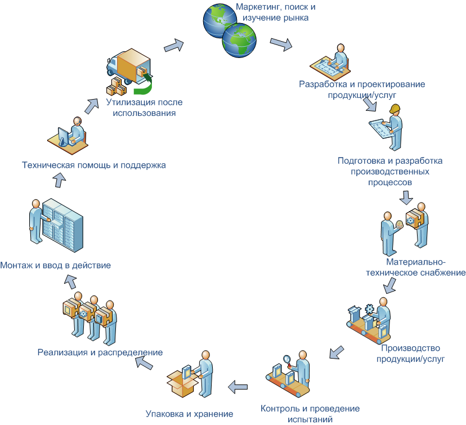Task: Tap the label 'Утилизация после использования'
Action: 144,108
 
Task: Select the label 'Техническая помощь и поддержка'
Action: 93,165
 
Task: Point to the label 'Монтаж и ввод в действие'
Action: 55,265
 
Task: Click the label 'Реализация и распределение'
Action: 100,352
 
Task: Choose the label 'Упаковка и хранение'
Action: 189,414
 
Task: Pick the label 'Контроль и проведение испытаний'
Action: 310,413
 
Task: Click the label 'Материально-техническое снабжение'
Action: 424,268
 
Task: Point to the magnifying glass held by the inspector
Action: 286,358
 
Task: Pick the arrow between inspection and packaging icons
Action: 238,386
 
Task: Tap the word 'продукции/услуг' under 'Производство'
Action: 418,358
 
